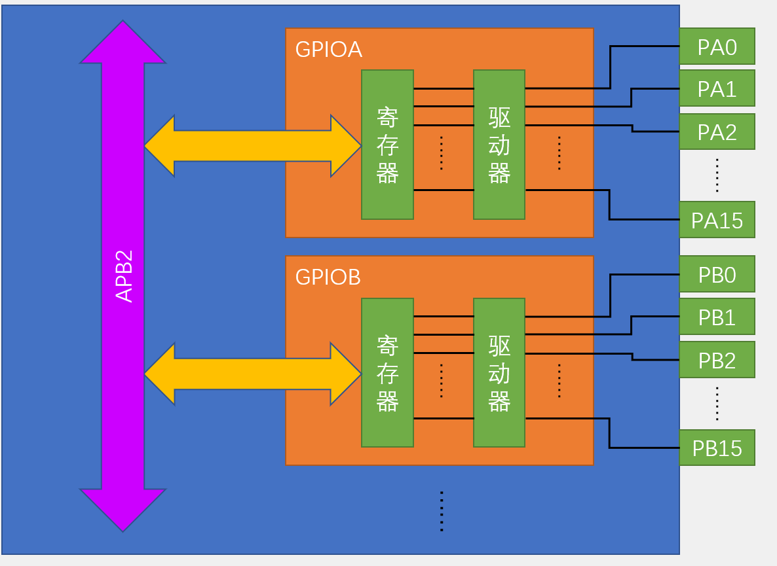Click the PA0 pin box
[717, 46]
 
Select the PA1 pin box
[717, 88]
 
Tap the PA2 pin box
[717, 132]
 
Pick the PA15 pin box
[717, 220]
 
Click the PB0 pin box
[717, 274]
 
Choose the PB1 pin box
[717, 317]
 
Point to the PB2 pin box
[717, 360]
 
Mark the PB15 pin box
[717, 448]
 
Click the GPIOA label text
[329, 50]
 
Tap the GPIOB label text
[328, 277]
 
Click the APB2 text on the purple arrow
[124, 275]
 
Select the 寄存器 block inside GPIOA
[387, 145]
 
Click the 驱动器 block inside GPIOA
[499, 145]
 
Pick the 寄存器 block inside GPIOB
[387, 373]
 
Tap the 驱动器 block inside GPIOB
[499, 373]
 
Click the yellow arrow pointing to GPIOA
[252, 146]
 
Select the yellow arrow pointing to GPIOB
[252, 374]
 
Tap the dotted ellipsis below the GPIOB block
[442, 511]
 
